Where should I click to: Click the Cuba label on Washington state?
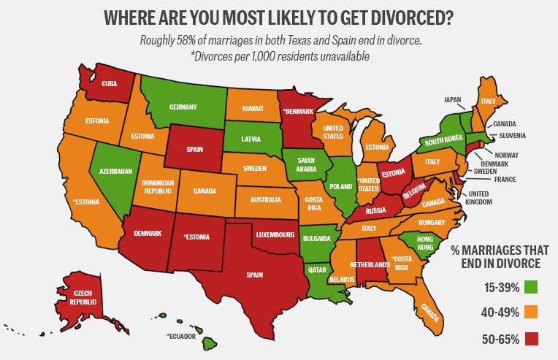point(109,84)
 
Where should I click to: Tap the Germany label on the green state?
point(183,107)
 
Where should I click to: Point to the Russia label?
point(375,212)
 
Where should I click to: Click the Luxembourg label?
point(275,235)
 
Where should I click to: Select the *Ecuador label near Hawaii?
point(183,337)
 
